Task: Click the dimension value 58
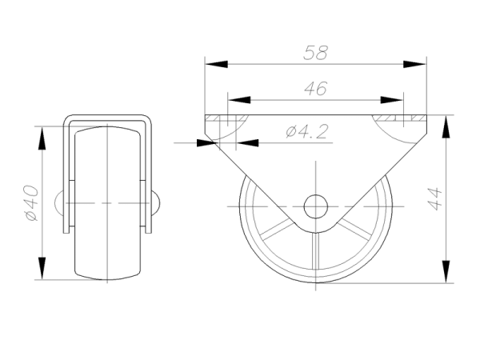click(315, 53)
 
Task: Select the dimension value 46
click(316, 88)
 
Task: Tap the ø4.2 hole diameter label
click(307, 131)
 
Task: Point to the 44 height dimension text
click(434, 199)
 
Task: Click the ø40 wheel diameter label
click(32, 202)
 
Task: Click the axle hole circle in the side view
click(316, 206)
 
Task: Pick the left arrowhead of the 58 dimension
click(217, 64)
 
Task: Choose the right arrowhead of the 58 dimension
click(414, 64)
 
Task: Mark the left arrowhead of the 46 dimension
click(239, 100)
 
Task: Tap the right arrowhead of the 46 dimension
click(392, 100)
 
